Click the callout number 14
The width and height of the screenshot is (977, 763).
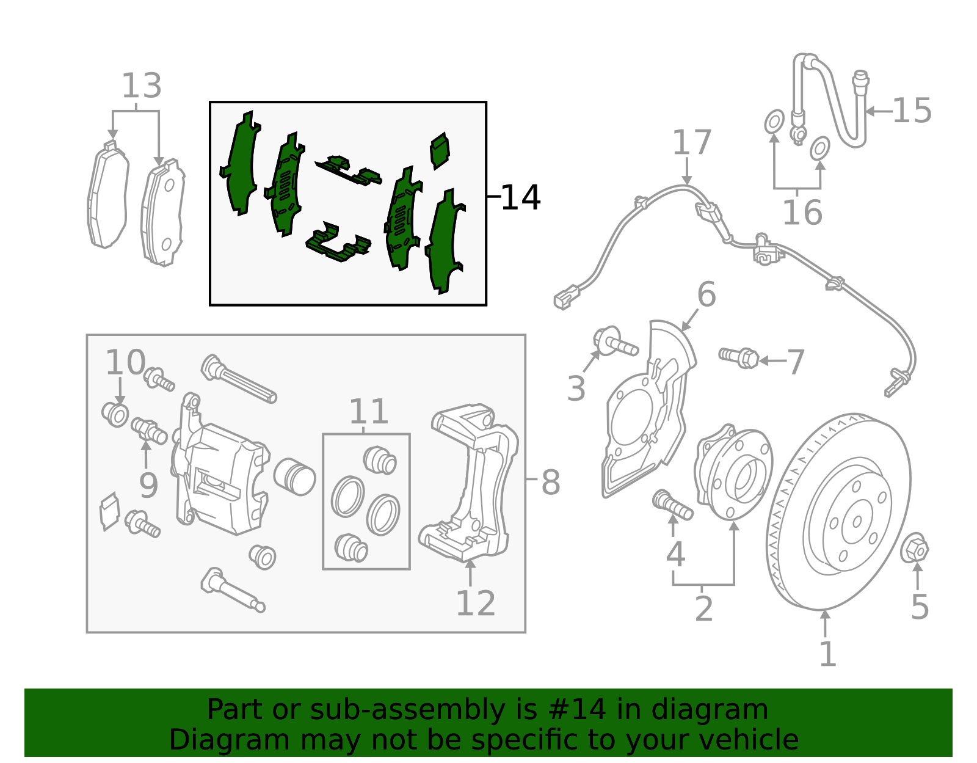coord(520,197)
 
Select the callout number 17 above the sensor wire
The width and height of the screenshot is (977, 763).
coord(691,143)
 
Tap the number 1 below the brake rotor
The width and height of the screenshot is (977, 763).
coord(827,654)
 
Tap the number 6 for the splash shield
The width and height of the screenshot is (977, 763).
coord(706,295)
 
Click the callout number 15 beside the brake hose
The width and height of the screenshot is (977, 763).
coord(912,111)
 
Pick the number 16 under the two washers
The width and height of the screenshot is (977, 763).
coord(802,213)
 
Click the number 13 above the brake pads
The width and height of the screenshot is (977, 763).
coord(142,86)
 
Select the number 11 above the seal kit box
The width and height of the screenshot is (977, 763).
coord(369,412)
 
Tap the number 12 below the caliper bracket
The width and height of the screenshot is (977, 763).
coord(475,604)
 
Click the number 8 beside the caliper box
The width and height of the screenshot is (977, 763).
coord(550,483)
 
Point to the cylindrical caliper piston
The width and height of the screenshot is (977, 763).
coord(294,476)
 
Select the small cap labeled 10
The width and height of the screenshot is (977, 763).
coord(115,415)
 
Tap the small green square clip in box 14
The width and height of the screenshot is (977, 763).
coord(440,150)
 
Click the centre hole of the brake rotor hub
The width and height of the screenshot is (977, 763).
coord(857,521)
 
